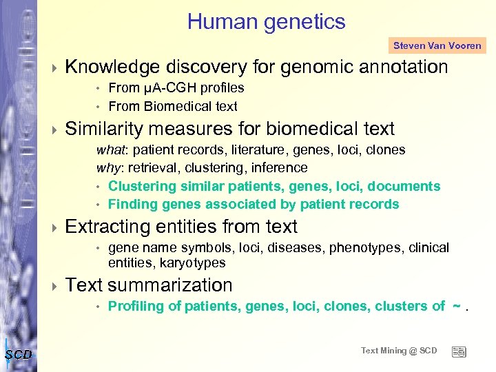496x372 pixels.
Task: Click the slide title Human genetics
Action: pyautogui.click(x=266, y=21)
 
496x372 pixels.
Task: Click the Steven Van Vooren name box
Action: pyautogui.click(x=437, y=46)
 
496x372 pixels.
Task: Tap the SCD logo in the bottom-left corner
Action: pyautogui.click(x=18, y=354)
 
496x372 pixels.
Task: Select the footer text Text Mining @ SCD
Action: pyautogui.click(x=399, y=351)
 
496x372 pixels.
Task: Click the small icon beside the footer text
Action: pyautogui.click(x=458, y=351)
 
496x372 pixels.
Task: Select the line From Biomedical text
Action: pyautogui.click(x=172, y=106)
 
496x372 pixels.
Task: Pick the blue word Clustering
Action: pyautogui.click(x=142, y=186)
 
